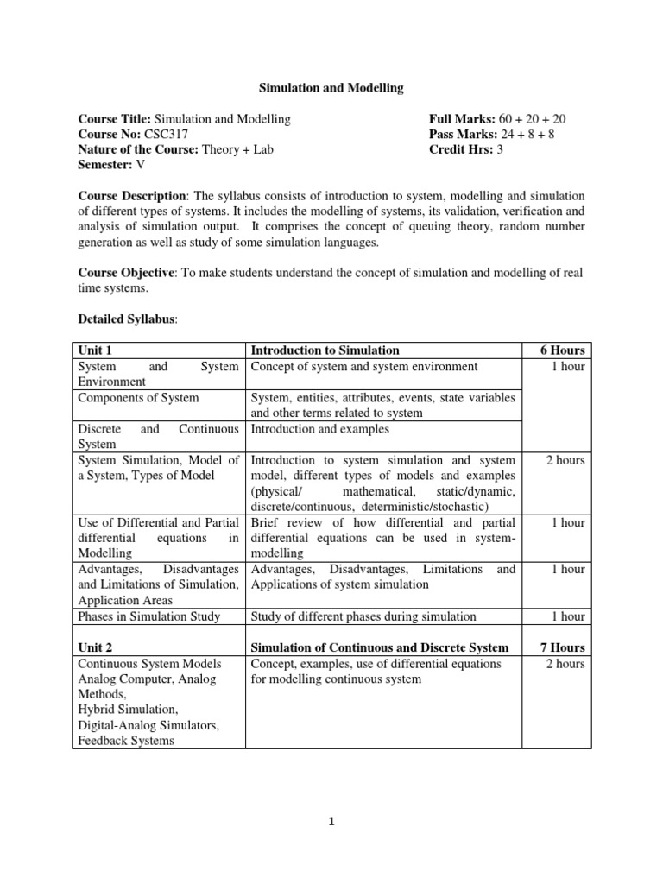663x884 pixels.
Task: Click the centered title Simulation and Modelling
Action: pyautogui.click(x=332, y=87)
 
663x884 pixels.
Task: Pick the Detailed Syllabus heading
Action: pyautogui.click(x=126, y=319)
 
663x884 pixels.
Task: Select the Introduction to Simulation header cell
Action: pyautogui.click(x=325, y=350)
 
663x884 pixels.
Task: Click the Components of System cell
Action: pyautogui.click(x=138, y=397)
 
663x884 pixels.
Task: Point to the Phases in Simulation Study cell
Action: pyautogui.click(x=148, y=616)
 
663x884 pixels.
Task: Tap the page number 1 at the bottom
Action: pyautogui.click(x=331, y=822)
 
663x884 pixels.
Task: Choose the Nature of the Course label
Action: pyautogui.click(x=137, y=150)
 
